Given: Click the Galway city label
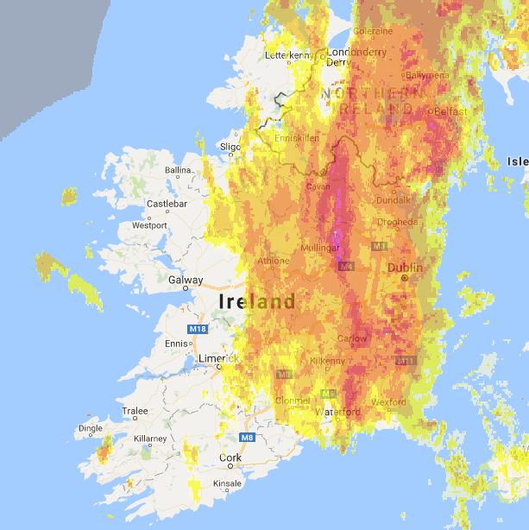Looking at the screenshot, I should tap(186, 280).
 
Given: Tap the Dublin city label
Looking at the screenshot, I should tap(405, 268).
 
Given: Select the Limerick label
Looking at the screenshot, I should tap(217, 358).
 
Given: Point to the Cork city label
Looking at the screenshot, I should tap(230, 457).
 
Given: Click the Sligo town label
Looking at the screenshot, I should tap(230, 147).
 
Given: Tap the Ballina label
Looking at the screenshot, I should tap(178, 170).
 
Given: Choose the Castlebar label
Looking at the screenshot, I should tap(167, 204).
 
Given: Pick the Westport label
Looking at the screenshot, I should tap(148, 225).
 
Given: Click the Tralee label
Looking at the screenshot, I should tap(135, 410).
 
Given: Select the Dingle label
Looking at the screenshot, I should tap(91, 427).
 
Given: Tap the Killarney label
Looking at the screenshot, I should tap(150, 439).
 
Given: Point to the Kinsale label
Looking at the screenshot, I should tap(227, 483).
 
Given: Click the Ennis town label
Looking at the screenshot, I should tap(175, 344).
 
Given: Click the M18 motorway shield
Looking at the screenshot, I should tap(198, 329).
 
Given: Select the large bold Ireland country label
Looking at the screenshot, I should tap(257, 302).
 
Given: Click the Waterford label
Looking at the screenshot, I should tap(337, 412).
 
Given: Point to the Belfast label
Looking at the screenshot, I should tap(450, 112).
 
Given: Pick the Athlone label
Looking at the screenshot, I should tap(274, 260).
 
